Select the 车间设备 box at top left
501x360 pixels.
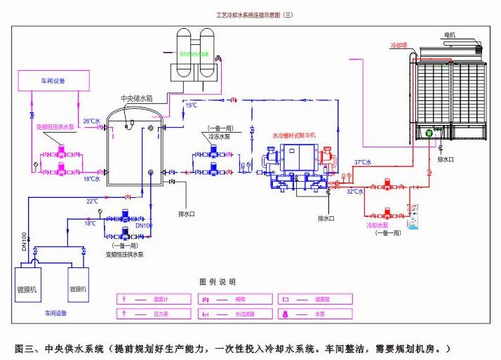pos(53,81)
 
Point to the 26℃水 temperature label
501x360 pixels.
pos(92,121)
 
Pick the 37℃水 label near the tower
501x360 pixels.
pos(363,163)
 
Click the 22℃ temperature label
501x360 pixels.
pos(92,201)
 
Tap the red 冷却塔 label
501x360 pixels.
pos(399,44)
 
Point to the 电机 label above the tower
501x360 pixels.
pos(450,35)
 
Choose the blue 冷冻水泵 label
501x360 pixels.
pos(218,139)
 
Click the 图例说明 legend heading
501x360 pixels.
pos(218,281)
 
